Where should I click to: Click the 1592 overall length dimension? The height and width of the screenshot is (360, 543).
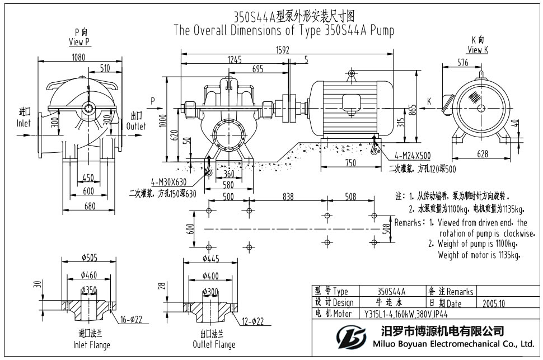(x=283, y=50)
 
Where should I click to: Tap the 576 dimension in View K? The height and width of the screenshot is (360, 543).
(x=462, y=63)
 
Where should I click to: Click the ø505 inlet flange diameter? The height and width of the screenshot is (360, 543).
(x=90, y=258)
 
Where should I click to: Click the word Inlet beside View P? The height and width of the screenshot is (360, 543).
(x=24, y=123)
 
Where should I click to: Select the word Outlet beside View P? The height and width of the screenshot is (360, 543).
(x=135, y=126)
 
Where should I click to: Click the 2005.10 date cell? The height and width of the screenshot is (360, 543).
(x=493, y=303)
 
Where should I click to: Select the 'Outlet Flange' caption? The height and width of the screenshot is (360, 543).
(x=214, y=345)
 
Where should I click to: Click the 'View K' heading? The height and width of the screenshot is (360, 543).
(x=478, y=50)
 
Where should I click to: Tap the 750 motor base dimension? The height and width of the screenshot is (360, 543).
(x=349, y=163)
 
